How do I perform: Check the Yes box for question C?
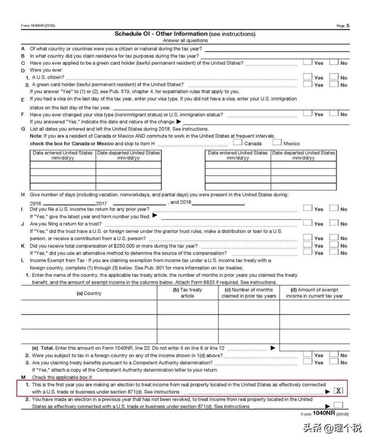(308, 63)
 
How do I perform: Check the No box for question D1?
(334, 77)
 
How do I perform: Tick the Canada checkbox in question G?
(238, 142)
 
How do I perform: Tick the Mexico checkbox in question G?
(276, 142)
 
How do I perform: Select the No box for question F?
(334, 114)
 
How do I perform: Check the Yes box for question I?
(308, 209)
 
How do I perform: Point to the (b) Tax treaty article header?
(188, 293)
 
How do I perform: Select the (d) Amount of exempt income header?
(314, 293)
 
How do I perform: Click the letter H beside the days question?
(23, 195)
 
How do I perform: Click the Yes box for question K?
(308, 245)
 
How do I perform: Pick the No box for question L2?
(334, 355)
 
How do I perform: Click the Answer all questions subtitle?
(185, 41)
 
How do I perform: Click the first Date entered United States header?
(62, 155)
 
